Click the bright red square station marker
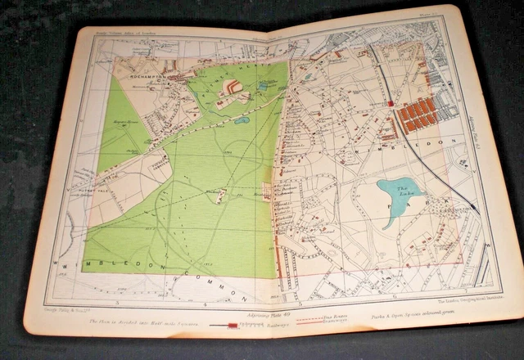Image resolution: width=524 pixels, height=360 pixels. pos(391,104)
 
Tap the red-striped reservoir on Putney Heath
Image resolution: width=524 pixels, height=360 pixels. pos(233,86)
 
